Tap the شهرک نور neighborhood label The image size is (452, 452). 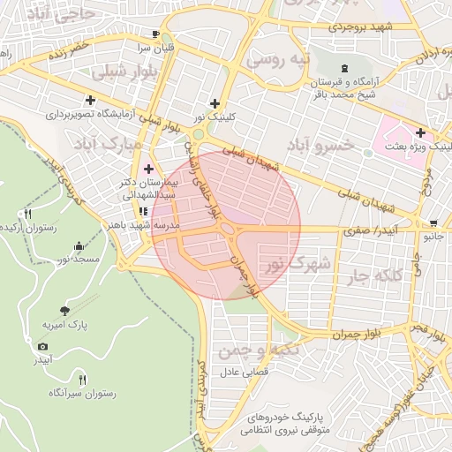click(298, 262)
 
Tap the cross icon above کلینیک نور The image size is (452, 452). click(215, 103)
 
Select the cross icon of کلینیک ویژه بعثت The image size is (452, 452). click(420, 132)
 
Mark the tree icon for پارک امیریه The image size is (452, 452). click(64, 310)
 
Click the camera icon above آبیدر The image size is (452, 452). click(42, 346)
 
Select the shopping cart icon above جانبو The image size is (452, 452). click(433, 222)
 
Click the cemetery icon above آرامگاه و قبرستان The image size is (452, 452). click(343, 69)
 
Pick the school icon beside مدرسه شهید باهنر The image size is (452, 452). click(142, 212)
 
